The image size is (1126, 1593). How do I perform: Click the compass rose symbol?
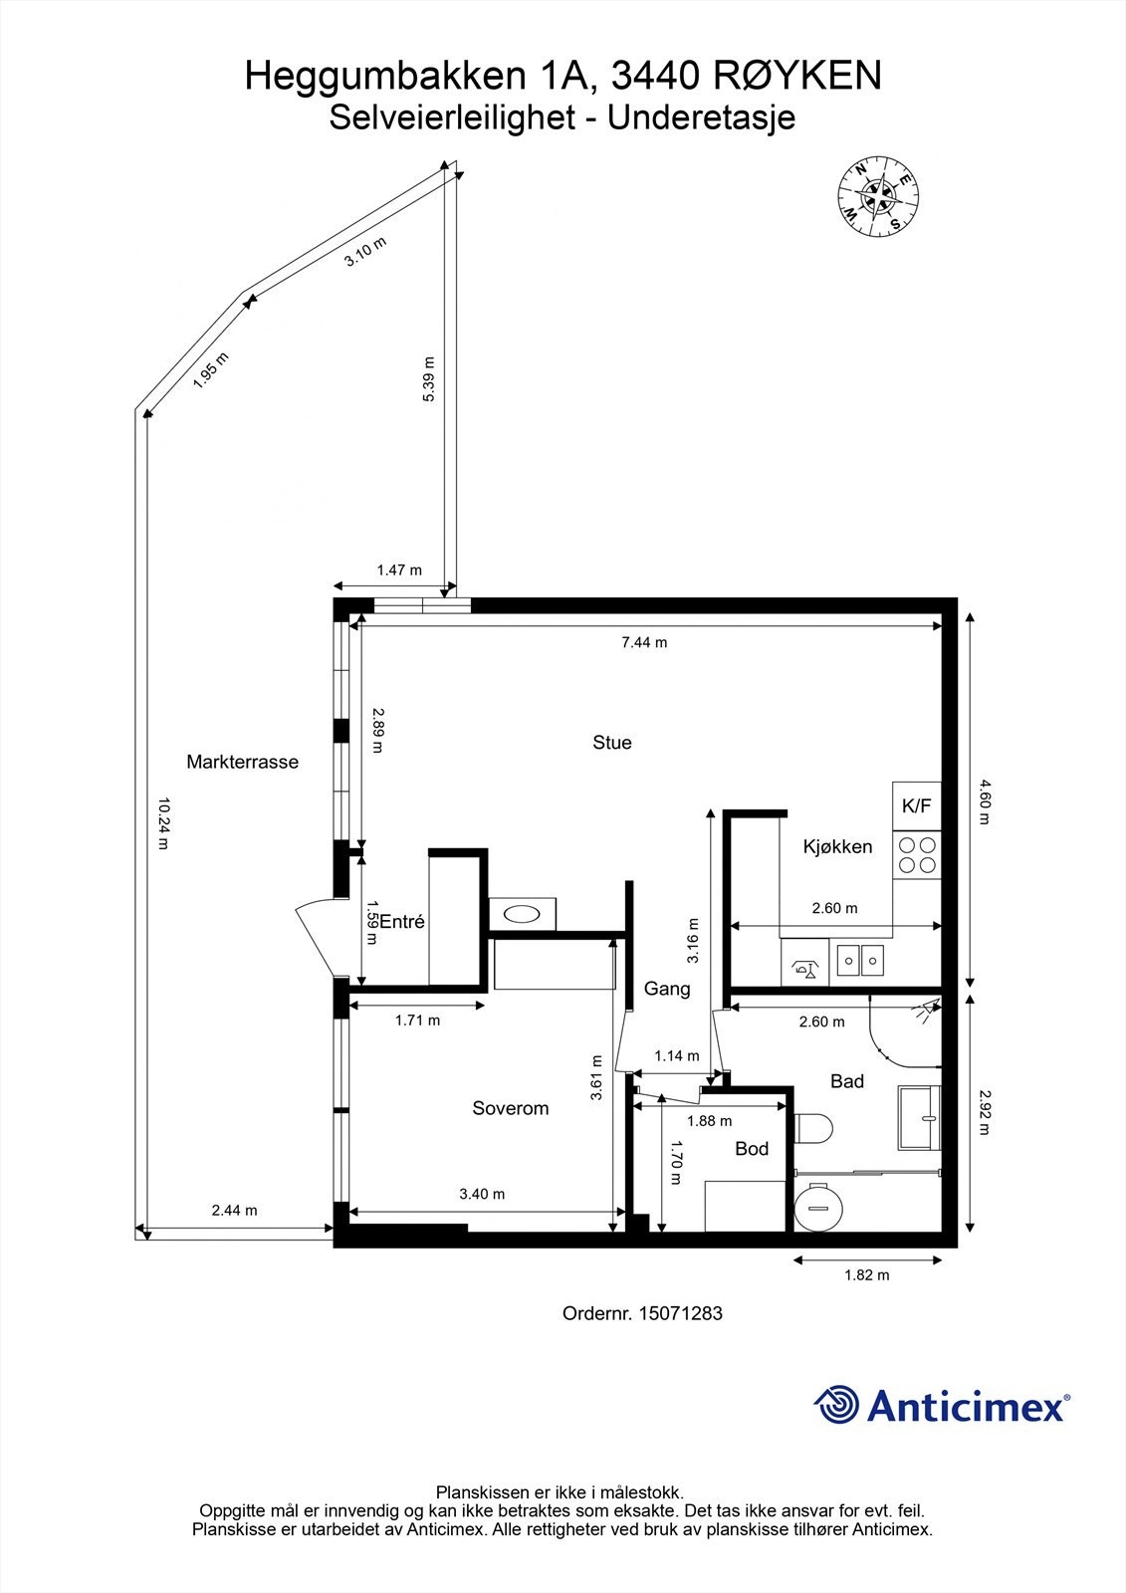[x=878, y=194]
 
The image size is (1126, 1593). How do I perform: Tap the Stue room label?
[x=611, y=743]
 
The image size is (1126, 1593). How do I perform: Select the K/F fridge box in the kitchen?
[x=917, y=805]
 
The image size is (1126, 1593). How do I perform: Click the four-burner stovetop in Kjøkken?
[x=917, y=855]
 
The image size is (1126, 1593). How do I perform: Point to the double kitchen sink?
[x=860, y=962]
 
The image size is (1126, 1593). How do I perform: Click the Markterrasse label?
[x=243, y=762]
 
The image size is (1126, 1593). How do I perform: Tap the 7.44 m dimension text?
[x=644, y=642]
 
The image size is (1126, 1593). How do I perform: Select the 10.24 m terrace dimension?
[x=163, y=823]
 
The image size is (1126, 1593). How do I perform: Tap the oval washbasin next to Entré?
[x=522, y=914]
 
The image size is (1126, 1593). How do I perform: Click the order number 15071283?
[x=681, y=1313]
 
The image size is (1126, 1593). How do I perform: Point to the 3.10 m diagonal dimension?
[x=365, y=251]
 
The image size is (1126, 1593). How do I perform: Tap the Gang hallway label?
[x=667, y=989]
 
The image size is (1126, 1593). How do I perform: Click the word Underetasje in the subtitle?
[x=701, y=117]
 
